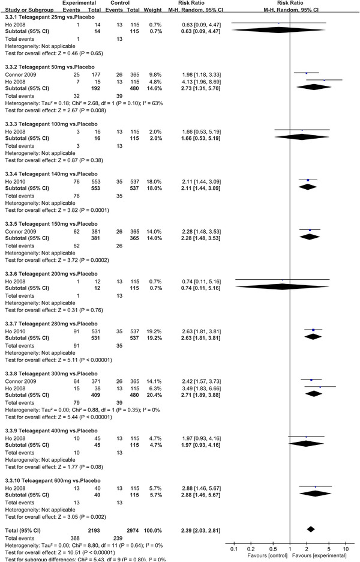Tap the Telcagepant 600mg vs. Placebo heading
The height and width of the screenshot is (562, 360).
46,482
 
